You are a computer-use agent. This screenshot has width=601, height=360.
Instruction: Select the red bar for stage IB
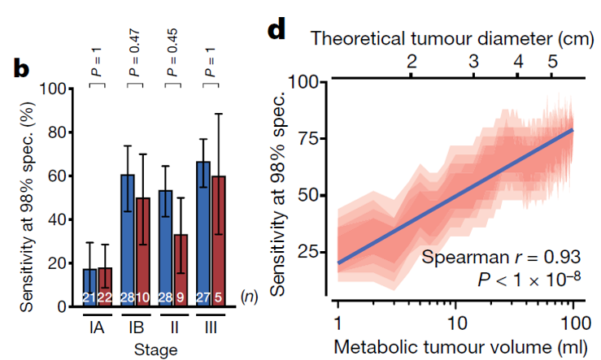[143, 252]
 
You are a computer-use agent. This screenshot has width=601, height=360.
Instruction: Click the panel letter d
[277, 30]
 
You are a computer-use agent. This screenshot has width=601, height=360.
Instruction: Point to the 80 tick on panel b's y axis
[56, 132]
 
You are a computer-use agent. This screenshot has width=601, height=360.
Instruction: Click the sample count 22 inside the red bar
[105, 298]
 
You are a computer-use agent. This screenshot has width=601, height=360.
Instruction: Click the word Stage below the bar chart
[155, 350]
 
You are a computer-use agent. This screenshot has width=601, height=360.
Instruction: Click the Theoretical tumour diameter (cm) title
[455, 37]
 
